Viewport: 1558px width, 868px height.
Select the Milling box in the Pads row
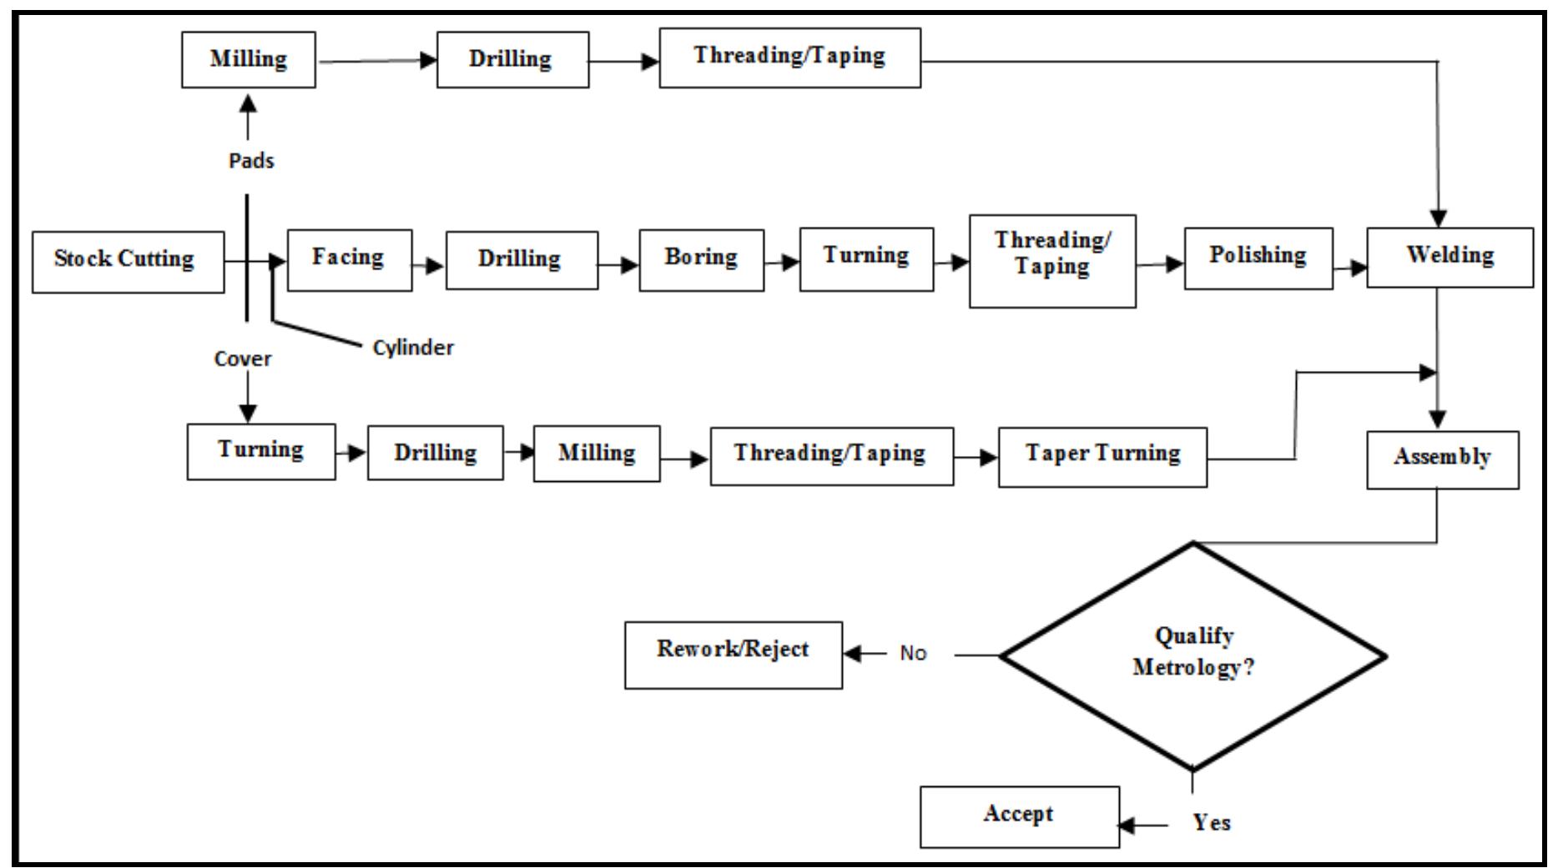coord(248,60)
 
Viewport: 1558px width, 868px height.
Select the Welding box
coord(1450,258)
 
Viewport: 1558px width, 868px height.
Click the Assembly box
coord(1442,459)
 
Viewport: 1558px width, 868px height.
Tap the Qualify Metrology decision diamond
coord(1193,655)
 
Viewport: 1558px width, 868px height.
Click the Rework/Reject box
coord(733,655)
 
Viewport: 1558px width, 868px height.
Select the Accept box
coord(1019,816)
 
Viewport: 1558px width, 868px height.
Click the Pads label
coord(251,161)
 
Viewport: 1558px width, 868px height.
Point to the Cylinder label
coord(413,348)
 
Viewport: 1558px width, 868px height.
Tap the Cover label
coord(243,359)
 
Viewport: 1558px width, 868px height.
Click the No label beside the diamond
coord(913,654)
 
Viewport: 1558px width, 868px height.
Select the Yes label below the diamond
coord(1211,823)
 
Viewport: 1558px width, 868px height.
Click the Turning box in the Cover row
coord(260,451)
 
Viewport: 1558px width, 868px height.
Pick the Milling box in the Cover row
coord(596,454)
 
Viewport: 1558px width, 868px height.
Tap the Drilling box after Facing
coord(522,260)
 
